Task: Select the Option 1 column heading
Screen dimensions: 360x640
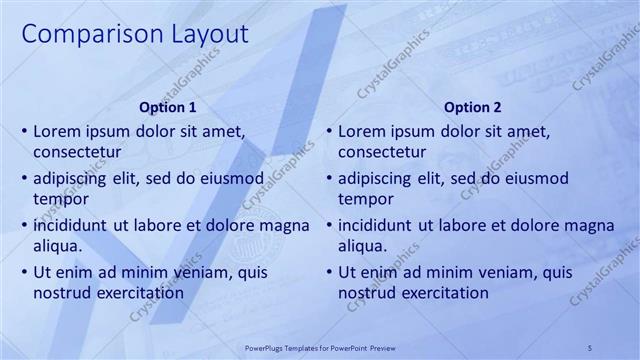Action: click(166, 107)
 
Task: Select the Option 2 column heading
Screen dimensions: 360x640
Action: click(473, 107)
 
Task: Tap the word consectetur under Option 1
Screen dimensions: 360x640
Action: click(77, 152)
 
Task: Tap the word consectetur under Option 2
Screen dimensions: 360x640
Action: click(383, 152)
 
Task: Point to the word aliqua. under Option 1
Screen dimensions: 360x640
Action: click(57, 245)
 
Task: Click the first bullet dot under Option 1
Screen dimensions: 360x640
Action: click(23, 131)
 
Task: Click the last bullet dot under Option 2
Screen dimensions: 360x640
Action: click(328, 272)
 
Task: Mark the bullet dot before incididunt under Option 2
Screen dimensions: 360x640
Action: click(328, 225)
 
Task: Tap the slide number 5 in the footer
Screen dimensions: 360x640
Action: click(590, 346)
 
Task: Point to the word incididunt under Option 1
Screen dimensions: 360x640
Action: click(70, 224)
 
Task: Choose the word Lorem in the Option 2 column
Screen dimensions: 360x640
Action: click(360, 131)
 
